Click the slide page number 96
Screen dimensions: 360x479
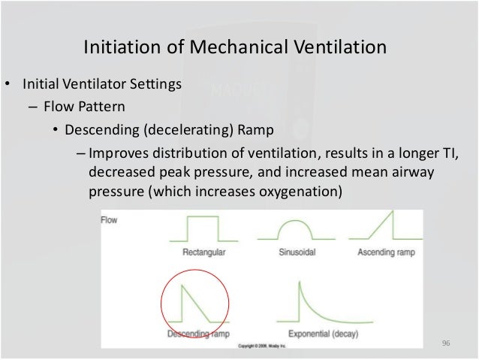point(445,343)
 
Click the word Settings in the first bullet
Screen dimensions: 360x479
point(155,84)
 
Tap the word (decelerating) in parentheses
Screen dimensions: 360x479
point(181,127)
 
